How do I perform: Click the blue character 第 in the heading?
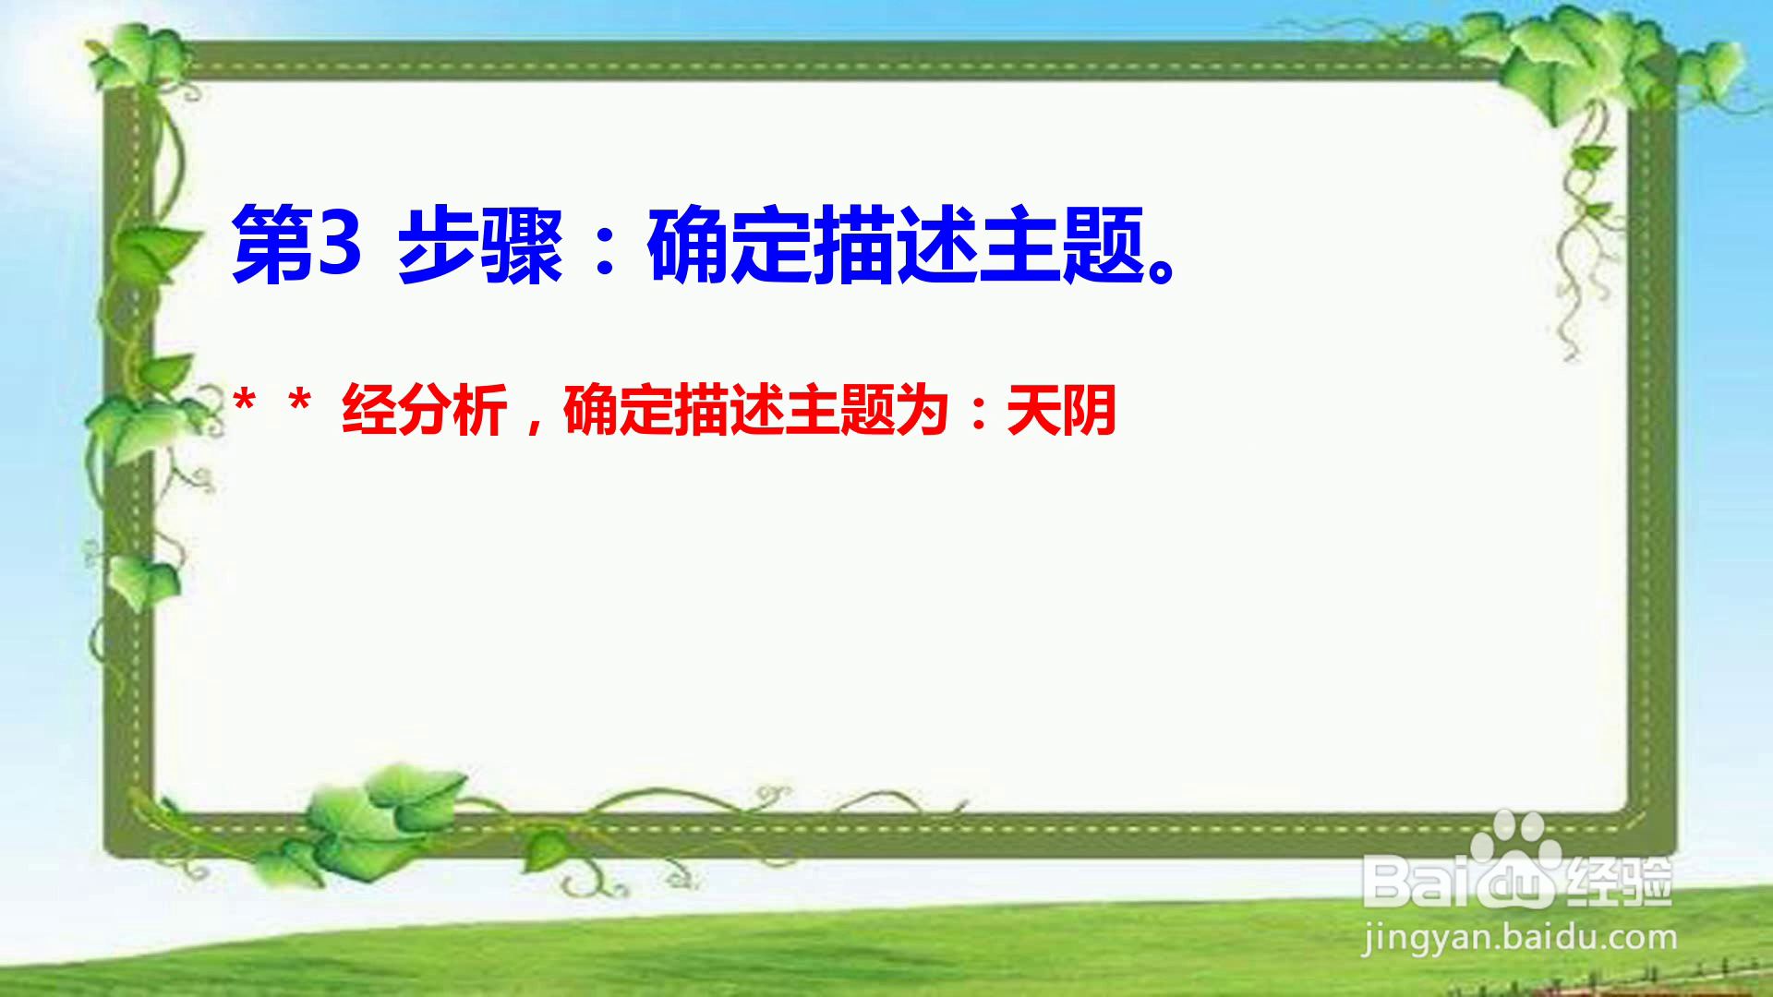[272, 246]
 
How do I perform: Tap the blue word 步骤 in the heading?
[480, 246]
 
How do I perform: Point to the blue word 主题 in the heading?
[1062, 246]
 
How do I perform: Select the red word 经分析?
[424, 410]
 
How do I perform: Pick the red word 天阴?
[1062, 410]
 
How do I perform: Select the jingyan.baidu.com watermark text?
[1519, 939]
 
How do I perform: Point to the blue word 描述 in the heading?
[896, 246]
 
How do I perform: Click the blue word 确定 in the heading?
[730, 246]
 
